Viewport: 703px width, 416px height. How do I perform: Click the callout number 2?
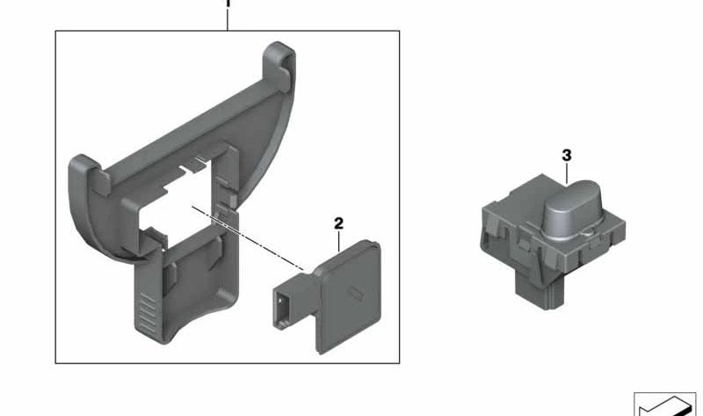pos(338,224)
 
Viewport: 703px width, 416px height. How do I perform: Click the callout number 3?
pos(567,156)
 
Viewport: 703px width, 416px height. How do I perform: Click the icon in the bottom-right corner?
pos(666,403)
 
